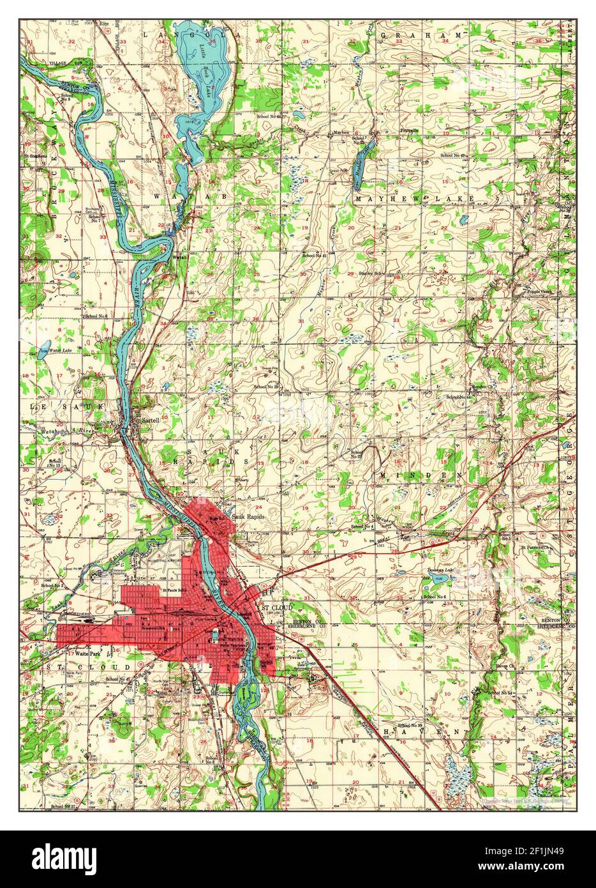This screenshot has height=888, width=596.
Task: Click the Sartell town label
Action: coord(151,421)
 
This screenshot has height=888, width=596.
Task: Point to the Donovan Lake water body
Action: coord(439,579)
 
